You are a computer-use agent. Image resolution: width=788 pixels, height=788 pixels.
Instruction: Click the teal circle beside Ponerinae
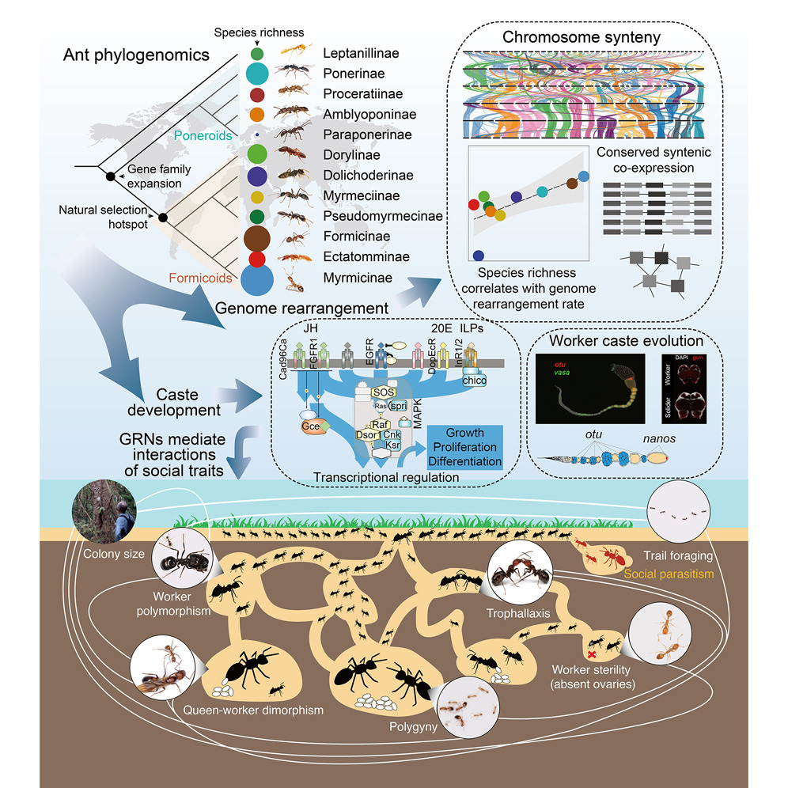pyautogui.click(x=256, y=74)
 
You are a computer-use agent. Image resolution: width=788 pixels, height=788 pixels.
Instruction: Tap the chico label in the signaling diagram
pyautogui.click(x=479, y=382)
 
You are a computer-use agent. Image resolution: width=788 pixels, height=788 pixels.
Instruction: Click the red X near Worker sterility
pyautogui.click(x=590, y=654)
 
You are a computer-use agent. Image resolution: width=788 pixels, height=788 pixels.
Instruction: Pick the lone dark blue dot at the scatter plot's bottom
pyautogui.click(x=477, y=255)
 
